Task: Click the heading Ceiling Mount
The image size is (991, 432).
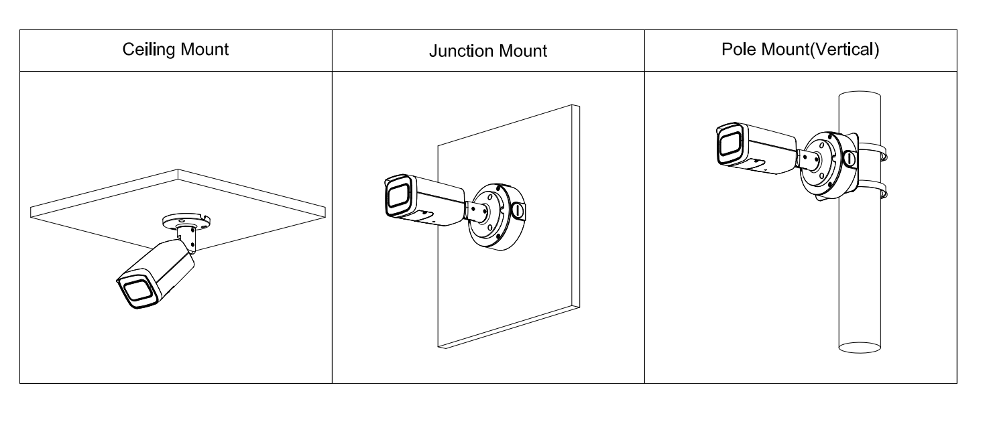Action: point(176,50)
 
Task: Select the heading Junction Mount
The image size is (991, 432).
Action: point(488,50)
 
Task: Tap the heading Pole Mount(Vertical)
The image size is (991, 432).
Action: point(801,50)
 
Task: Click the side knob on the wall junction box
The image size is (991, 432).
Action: point(518,210)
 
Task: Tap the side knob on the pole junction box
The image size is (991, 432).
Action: point(849,159)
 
